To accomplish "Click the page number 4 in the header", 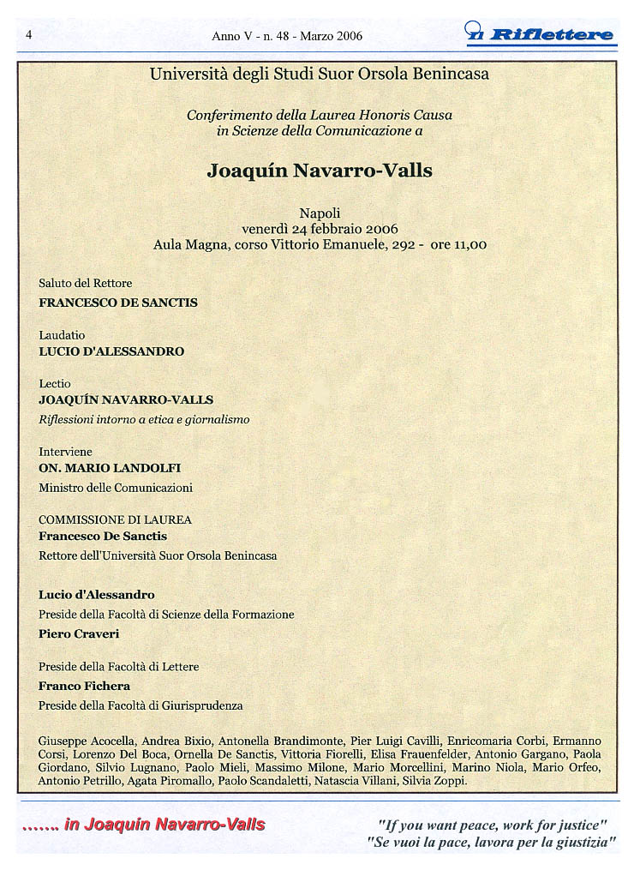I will [x=29, y=35].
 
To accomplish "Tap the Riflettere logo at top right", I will [x=541, y=33].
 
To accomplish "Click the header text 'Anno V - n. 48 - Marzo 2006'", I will [x=287, y=36].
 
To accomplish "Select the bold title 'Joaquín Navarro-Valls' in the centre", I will [x=320, y=171].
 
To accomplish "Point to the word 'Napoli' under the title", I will [x=320, y=213].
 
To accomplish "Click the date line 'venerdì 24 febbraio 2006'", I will [x=320, y=229].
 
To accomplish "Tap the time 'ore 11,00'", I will [x=458, y=244].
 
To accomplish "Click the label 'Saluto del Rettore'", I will [x=86, y=283].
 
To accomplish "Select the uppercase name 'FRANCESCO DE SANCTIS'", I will [x=118, y=303].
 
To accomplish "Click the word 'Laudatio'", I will [x=62, y=335].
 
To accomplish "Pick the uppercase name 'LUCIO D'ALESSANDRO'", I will [x=111, y=351].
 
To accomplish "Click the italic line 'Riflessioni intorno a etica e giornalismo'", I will [x=144, y=420].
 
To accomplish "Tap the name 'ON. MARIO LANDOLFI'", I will [x=110, y=468].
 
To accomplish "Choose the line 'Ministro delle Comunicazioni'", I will [x=116, y=488].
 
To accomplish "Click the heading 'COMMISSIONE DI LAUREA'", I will [x=115, y=519].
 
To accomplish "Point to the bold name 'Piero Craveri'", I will [x=79, y=634].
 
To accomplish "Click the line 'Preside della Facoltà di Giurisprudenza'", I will [x=141, y=705].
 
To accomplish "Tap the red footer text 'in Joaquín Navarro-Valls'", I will [x=164, y=825].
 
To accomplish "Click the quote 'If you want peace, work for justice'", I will [x=493, y=825].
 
